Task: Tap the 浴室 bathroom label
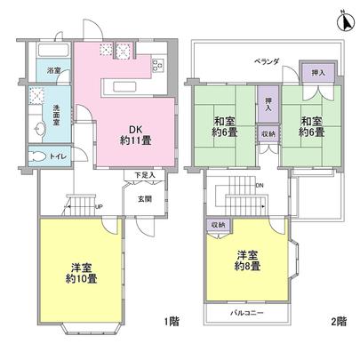[x=54, y=69]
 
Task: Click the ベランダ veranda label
[x=268, y=61]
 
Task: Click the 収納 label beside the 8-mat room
[x=219, y=225]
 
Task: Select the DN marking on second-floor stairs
[x=258, y=186]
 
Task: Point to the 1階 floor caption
[x=172, y=320]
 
